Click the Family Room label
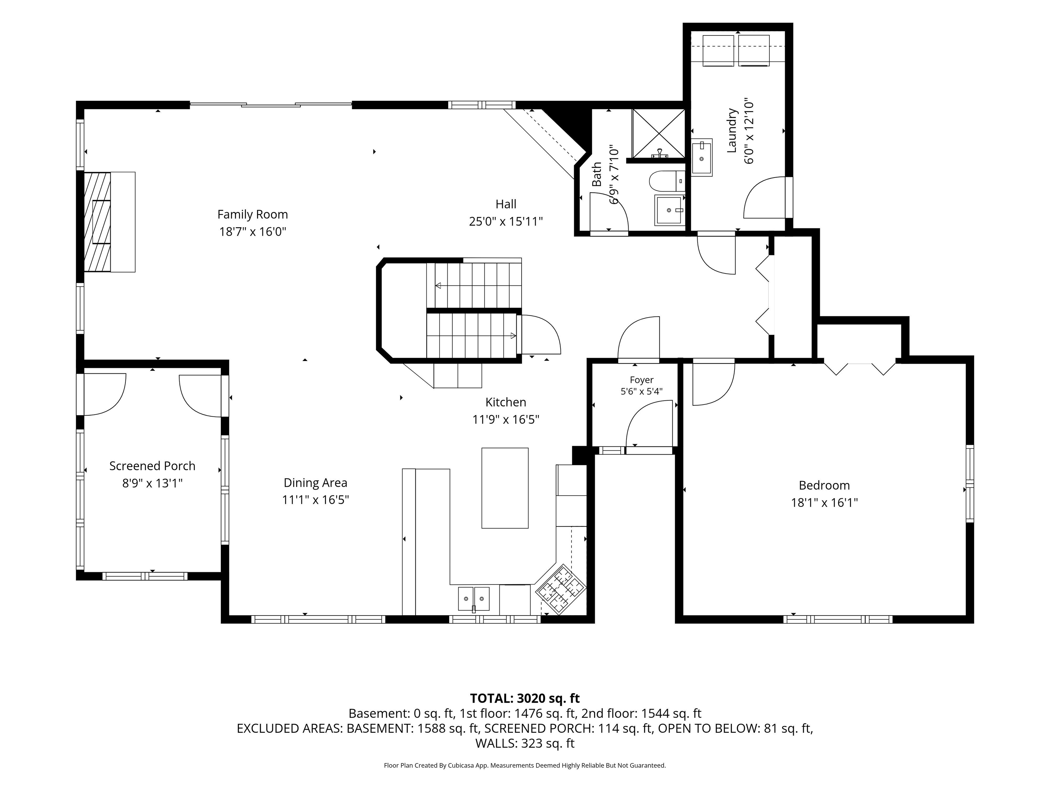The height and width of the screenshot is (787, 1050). point(253,215)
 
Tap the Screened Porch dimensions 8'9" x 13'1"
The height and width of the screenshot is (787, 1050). point(152,483)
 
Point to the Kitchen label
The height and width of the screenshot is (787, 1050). point(506,402)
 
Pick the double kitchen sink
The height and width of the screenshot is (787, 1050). point(474,599)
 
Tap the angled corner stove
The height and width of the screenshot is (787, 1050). point(561,589)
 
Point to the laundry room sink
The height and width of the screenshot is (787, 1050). point(702,157)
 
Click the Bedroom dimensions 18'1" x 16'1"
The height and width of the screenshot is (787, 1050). point(824,503)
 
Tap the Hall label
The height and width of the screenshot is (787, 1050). point(506,204)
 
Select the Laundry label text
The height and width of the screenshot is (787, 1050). point(732,130)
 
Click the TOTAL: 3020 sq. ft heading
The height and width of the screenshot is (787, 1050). point(525,698)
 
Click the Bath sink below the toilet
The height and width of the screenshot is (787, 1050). point(670,210)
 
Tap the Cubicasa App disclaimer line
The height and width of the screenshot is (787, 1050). point(525,765)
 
